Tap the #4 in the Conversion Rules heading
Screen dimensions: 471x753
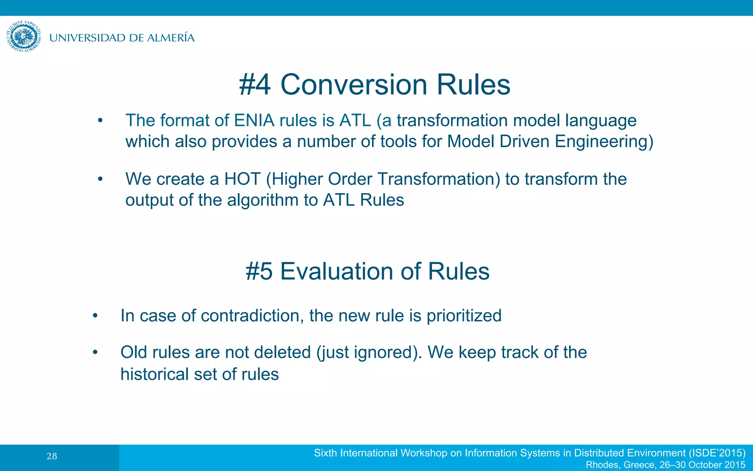coord(255,85)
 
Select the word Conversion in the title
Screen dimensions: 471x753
coord(353,85)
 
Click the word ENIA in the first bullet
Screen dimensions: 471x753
coord(254,121)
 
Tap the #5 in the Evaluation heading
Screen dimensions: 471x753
coord(259,272)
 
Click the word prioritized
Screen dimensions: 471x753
coord(464,316)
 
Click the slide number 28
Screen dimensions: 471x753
coord(52,457)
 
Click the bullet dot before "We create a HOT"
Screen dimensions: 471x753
coord(100,179)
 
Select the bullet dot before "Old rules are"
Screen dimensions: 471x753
coord(95,353)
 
